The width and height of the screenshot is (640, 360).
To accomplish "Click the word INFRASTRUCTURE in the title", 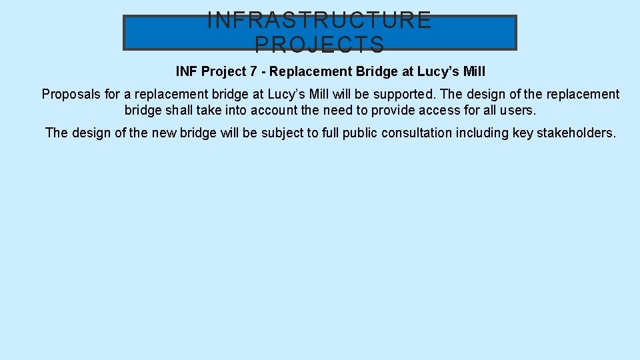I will (x=320, y=20).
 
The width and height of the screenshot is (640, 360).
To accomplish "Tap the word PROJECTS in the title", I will (x=320, y=45).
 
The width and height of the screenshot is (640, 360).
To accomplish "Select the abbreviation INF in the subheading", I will (x=187, y=71).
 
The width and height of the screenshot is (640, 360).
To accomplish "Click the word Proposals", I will (x=71, y=95).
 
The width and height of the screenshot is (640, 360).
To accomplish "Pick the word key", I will (x=523, y=133).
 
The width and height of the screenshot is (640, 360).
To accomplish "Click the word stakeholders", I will (x=577, y=133).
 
